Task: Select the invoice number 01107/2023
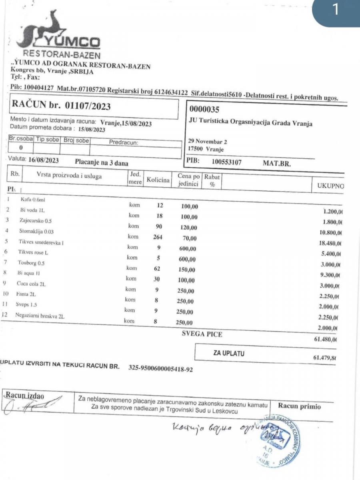click(x=85, y=107)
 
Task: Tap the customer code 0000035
click(x=205, y=109)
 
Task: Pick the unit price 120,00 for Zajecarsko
click(x=188, y=228)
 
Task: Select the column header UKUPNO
click(x=330, y=186)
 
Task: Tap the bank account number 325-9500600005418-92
click(x=160, y=369)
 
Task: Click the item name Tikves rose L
click(x=33, y=252)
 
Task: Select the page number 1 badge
click(x=336, y=10)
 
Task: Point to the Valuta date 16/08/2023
click(x=44, y=160)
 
